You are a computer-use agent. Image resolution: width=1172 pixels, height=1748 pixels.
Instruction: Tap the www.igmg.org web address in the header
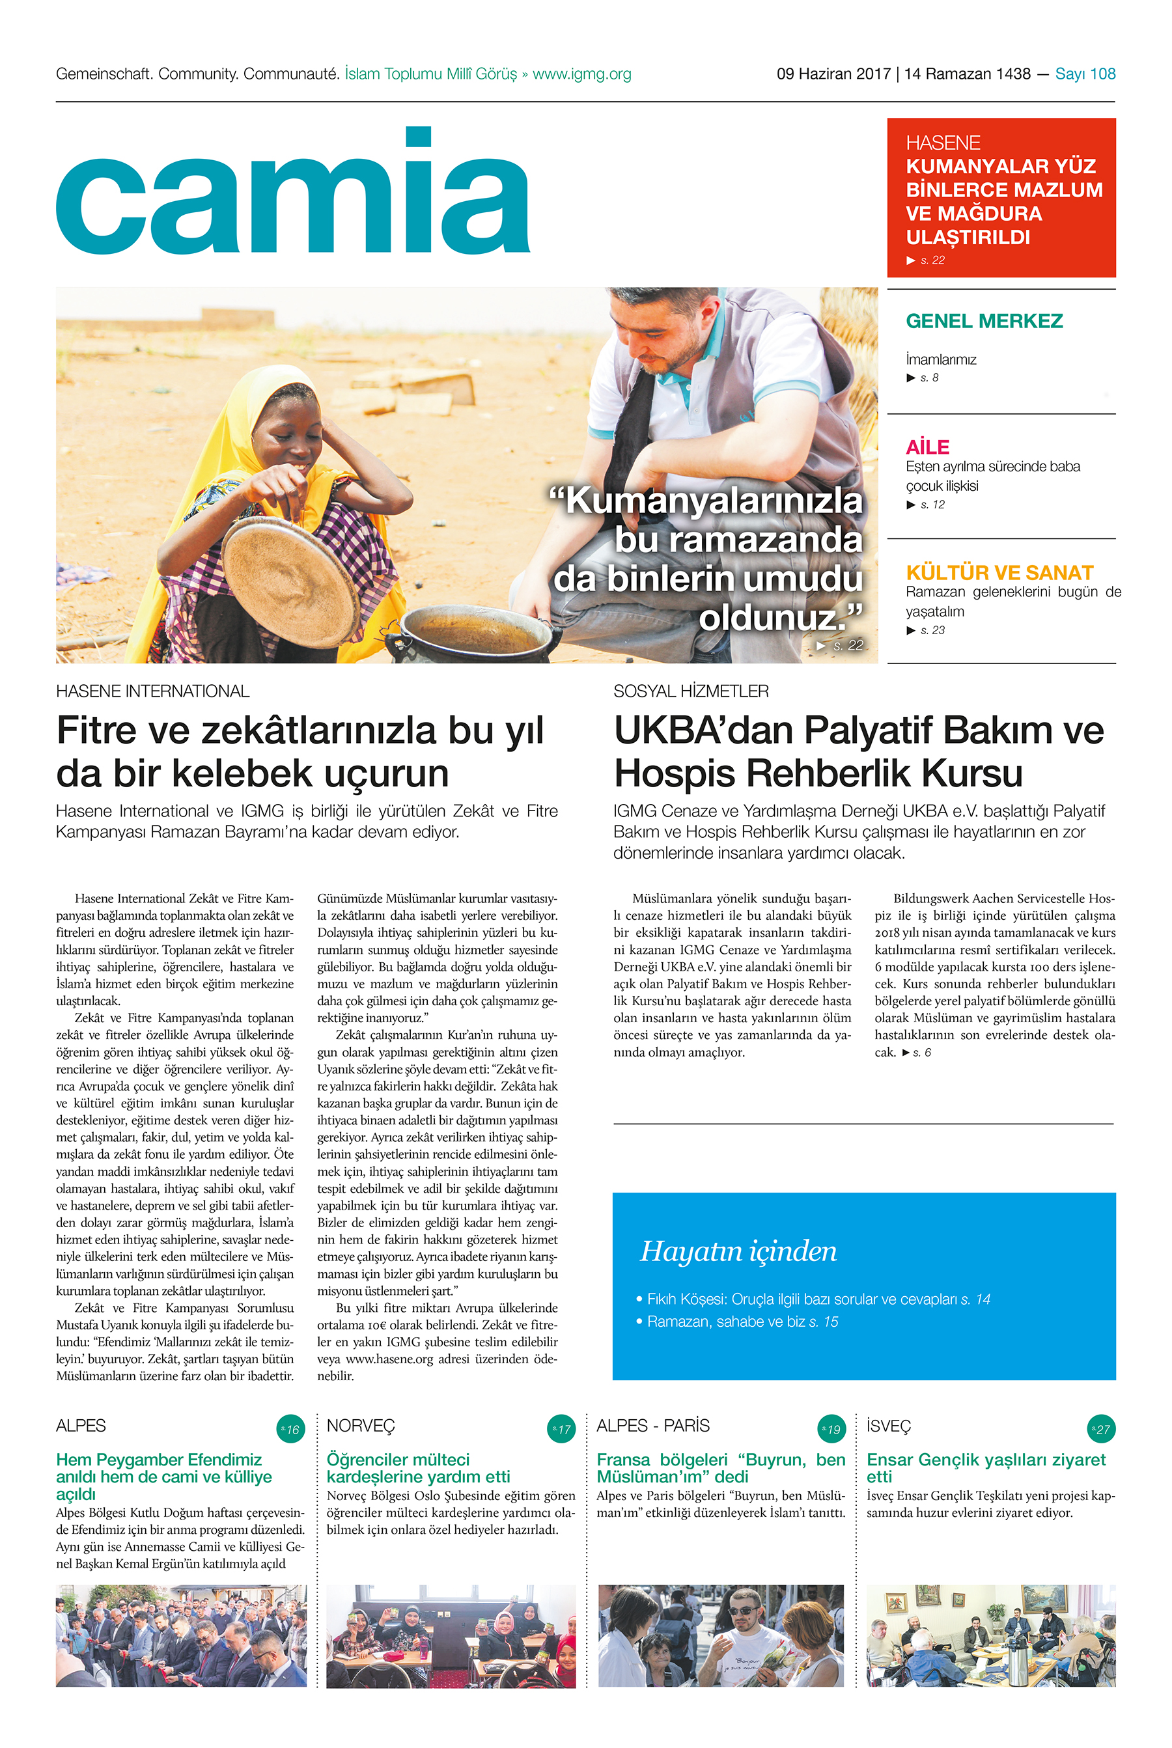[x=581, y=74]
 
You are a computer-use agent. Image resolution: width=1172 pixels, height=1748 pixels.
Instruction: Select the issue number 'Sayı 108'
[x=1085, y=74]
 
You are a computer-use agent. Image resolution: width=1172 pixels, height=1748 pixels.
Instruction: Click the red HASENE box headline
[x=1003, y=202]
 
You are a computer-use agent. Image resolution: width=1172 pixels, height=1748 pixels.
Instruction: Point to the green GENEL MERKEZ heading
[x=984, y=322]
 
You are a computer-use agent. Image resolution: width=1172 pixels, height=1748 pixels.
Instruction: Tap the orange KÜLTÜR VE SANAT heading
[x=999, y=572]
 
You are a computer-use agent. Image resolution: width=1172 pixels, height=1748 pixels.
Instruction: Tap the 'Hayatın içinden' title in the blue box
[x=738, y=1251]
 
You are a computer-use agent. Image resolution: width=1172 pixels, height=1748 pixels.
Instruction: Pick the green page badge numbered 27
[x=1100, y=1429]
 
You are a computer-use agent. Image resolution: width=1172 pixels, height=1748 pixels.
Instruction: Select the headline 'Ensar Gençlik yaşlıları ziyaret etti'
[x=985, y=1468]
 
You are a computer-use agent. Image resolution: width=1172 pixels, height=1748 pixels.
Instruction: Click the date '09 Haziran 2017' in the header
[x=833, y=74]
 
